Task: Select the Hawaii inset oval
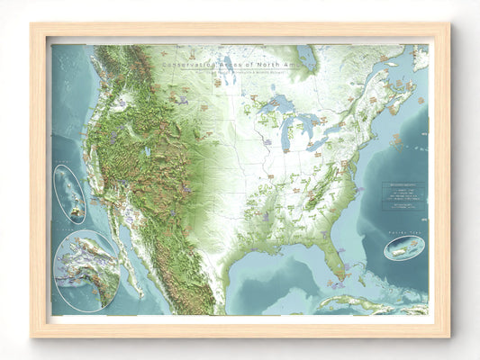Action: [69, 194]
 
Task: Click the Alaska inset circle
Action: [86, 270]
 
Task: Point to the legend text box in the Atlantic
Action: [402, 196]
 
